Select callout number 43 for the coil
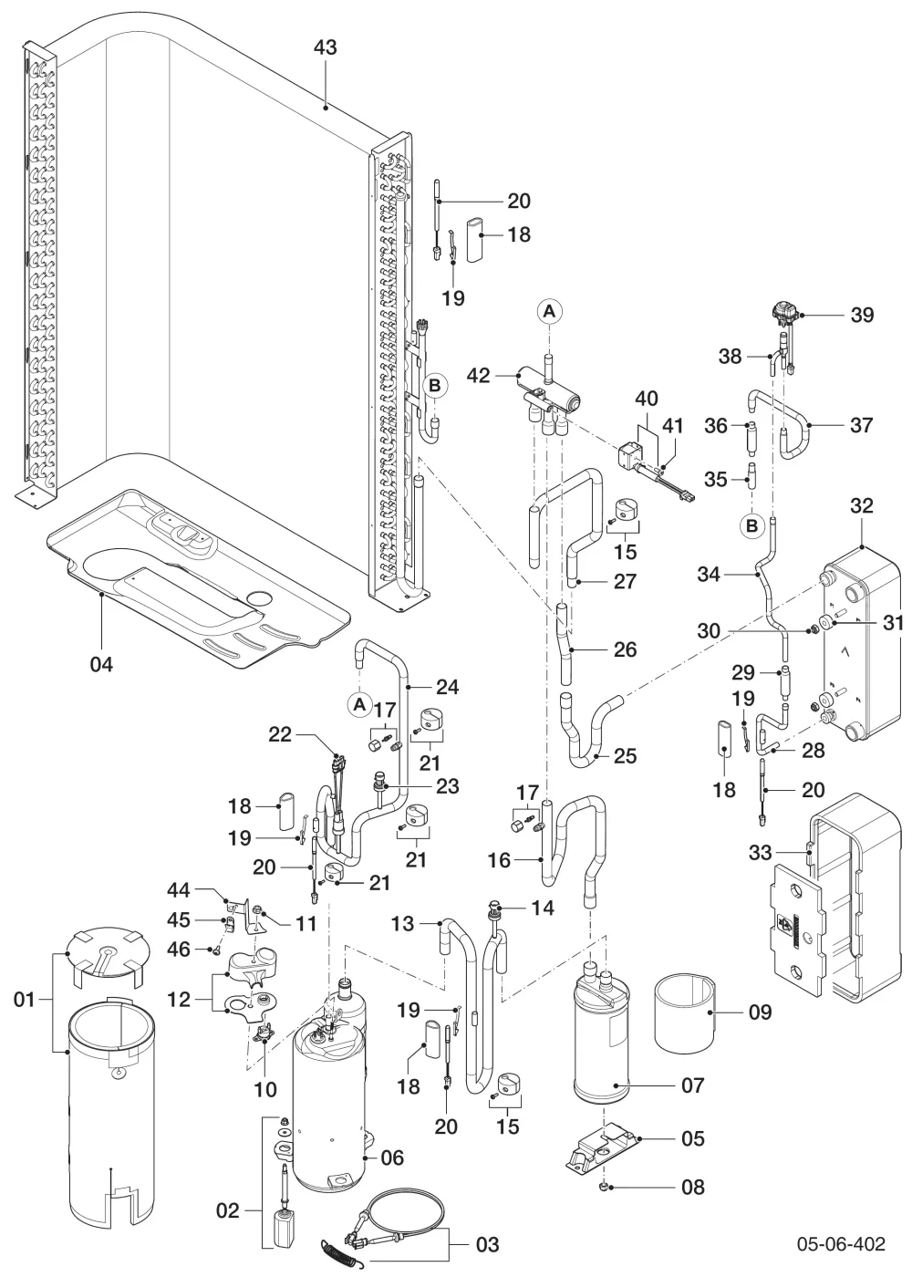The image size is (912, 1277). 326,47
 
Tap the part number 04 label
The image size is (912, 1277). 101,664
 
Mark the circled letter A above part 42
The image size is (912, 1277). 549,311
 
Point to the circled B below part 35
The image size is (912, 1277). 751,525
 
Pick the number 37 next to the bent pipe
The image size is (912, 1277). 861,425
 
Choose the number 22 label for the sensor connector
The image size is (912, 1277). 280,733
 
